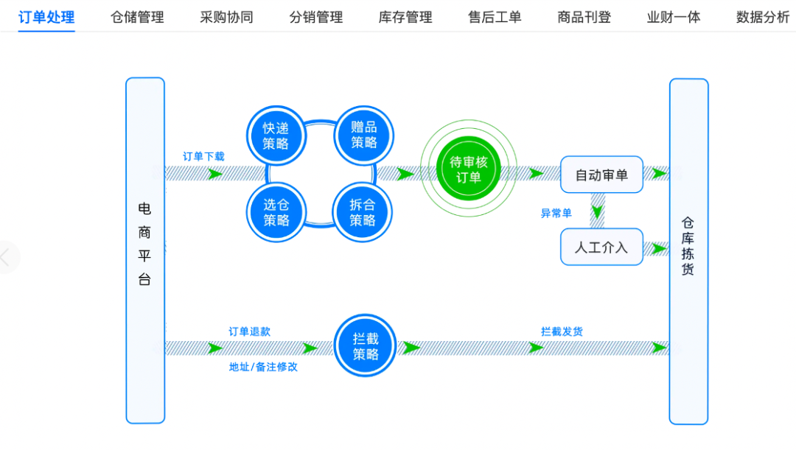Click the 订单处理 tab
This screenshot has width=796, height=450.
click(x=46, y=17)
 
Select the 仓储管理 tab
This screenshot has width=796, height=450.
click(x=137, y=17)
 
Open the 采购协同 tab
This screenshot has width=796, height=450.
click(x=226, y=17)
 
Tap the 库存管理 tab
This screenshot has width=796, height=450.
click(x=405, y=17)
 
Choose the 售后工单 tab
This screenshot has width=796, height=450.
click(x=495, y=17)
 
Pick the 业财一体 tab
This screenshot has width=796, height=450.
click(x=674, y=17)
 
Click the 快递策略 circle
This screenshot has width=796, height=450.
click(x=276, y=136)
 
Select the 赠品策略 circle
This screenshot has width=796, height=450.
click(x=363, y=136)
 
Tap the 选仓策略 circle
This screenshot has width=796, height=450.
click(x=276, y=212)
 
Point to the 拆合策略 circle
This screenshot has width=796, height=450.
click(x=363, y=212)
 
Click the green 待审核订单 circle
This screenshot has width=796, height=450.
click(x=468, y=170)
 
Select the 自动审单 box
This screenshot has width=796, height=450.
click(x=601, y=175)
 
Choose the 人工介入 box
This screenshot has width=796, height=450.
click(x=601, y=247)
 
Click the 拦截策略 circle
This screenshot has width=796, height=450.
click(x=365, y=346)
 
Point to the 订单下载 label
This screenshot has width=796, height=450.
click(x=203, y=156)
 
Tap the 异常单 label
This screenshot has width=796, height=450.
click(x=556, y=214)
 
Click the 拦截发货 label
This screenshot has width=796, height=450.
click(x=562, y=332)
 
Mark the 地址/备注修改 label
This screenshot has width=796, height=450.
click(x=263, y=367)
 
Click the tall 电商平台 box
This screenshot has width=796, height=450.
click(x=144, y=250)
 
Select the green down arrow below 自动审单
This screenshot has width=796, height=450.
click(x=598, y=211)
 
